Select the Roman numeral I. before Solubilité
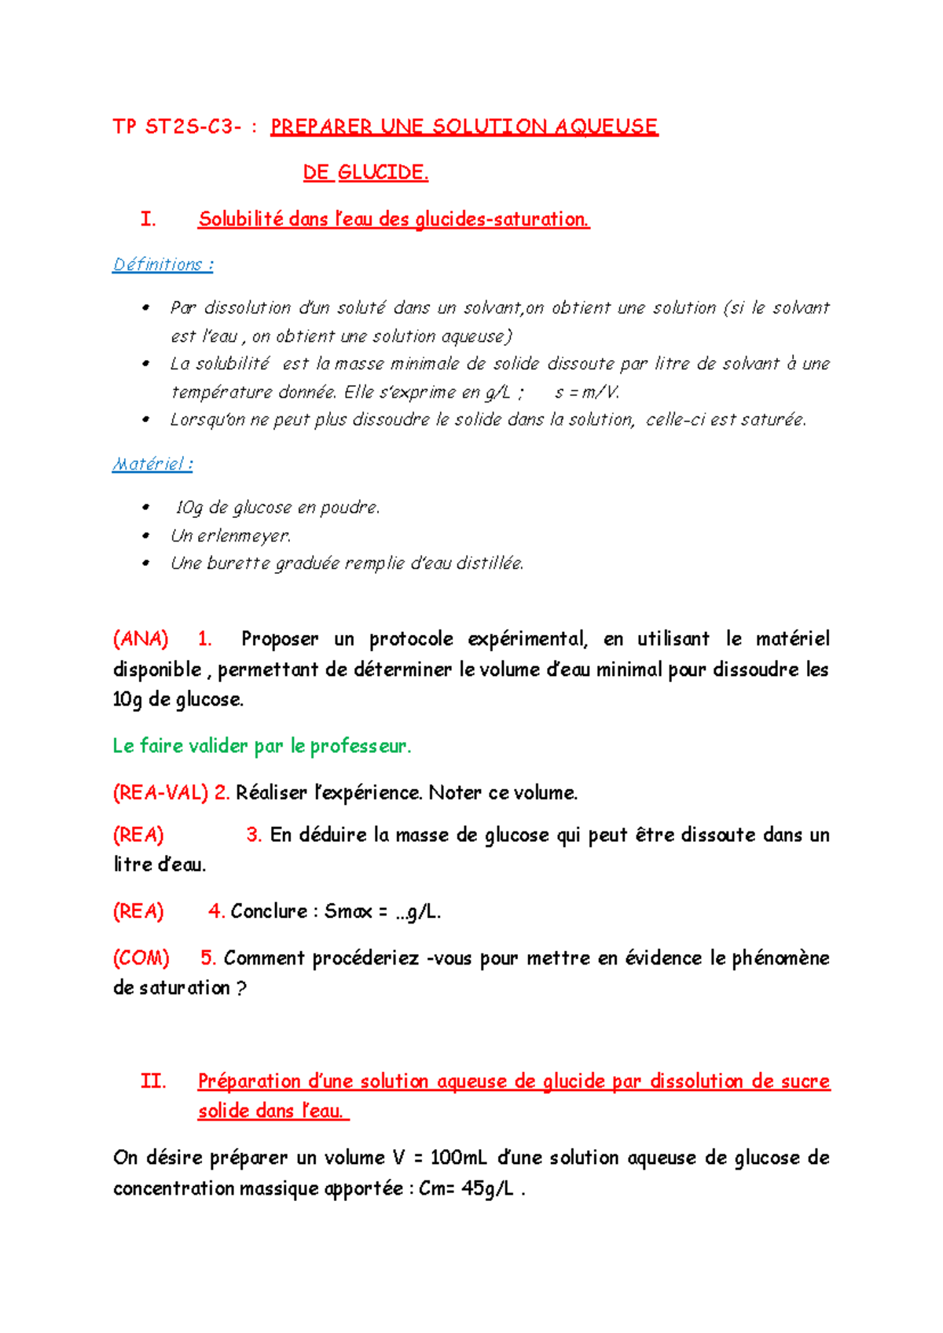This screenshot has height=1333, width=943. click(x=148, y=219)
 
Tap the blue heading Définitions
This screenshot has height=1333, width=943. click(x=158, y=264)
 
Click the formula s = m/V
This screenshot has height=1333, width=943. click(x=587, y=392)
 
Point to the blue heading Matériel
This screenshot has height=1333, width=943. click(x=149, y=464)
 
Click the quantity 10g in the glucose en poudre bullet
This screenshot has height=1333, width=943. click(x=189, y=508)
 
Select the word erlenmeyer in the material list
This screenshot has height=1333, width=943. click(x=244, y=536)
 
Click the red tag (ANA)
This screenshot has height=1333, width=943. click(x=141, y=639)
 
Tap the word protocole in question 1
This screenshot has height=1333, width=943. click(x=411, y=639)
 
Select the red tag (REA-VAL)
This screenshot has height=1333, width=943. click(x=160, y=792)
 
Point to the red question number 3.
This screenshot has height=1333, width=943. click(x=253, y=835)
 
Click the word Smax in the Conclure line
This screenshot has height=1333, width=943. click(x=348, y=912)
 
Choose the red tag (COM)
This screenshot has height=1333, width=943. click(x=141, y=958)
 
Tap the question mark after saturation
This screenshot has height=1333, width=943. click(x=241, y=989)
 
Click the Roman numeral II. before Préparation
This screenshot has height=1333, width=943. click(x=153, y=1081)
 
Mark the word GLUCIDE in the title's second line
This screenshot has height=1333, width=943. click(x=383, y=173)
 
